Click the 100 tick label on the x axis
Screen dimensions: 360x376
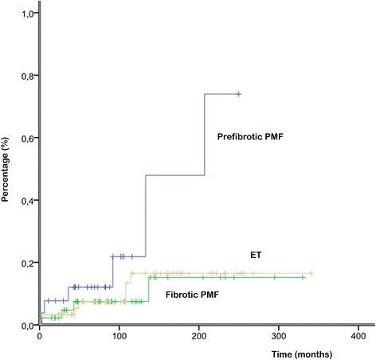pos(119,337)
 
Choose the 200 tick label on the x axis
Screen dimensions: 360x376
pos(198,337)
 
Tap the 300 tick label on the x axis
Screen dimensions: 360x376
pos(278,337)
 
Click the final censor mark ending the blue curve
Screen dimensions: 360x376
pos(239,94)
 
